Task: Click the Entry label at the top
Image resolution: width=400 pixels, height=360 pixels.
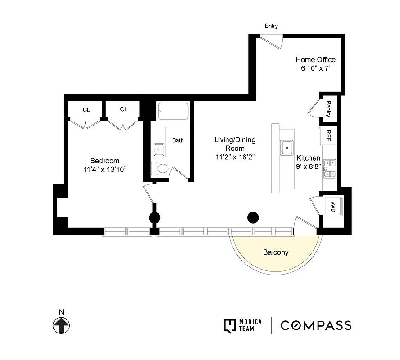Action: pyautogui.click(x=271, y=26)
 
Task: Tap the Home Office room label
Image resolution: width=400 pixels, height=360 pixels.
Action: pyautogui.click(x=315, y=59)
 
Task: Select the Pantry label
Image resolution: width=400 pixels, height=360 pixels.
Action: pyautogui.click(x=328, y=108)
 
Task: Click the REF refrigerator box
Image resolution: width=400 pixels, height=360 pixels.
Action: pyautogui.click(x=329, y=135)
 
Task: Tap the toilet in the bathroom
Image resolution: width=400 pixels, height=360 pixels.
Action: pyautogui.click(x=160, y=168)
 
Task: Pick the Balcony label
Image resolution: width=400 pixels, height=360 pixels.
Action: pyautogui.click(x=276, y=252)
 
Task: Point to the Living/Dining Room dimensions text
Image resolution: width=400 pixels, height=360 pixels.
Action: pyautogui.click(x=235, y=157)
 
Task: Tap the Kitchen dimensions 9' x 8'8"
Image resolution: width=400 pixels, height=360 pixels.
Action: pyautogui.click(x=308, y=166)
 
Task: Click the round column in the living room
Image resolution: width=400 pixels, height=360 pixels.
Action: pyautogui.click(x=253, y=218)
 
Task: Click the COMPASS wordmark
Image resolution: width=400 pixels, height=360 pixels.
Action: pyautogui.click(x=316, y=325)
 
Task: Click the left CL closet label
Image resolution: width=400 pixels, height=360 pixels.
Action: pyautogui.click(x=86, y=109)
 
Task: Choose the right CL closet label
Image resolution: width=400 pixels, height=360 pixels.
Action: pyautogui.click(x=124, y=109)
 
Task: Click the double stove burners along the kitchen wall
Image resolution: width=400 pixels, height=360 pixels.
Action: pyautogui.click(x=329, y=168)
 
